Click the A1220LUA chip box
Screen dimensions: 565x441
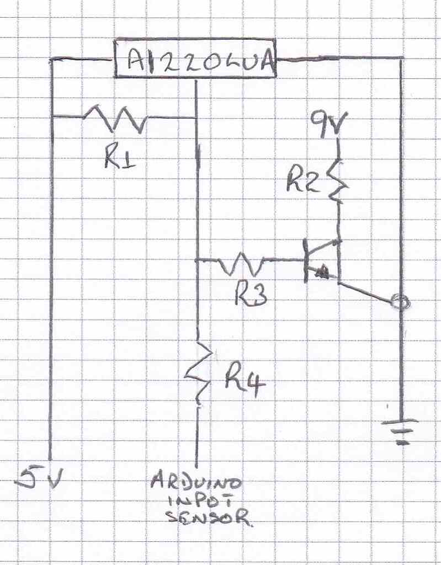(195, 58)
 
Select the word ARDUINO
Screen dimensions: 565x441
(196, 483)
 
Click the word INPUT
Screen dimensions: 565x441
(197, 501)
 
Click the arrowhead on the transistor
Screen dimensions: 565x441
(322, 271)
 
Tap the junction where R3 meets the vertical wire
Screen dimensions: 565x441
(197, 260)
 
